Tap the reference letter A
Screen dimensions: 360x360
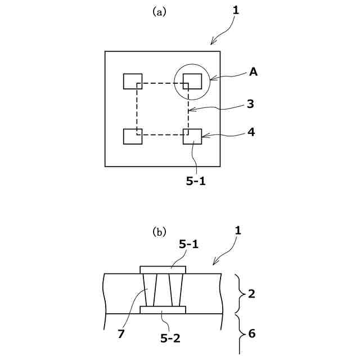click(x=254, y=71)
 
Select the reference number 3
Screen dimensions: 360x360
click(x=250, y=104)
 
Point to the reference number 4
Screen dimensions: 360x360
click(x=251, y=133)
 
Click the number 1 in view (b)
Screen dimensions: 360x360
click(x=239, y=230)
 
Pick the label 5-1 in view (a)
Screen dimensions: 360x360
click(x=195, y=182)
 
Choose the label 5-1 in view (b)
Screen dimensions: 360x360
click(x=189, y=244)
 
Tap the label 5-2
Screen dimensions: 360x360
click(x=171, y=338)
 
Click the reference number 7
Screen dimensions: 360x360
click(x=121, y=334)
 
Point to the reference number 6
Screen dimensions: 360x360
click(x=252, y=334)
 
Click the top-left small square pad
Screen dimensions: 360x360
click(x=133, y=81)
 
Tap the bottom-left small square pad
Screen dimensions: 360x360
click(x=133, y=137)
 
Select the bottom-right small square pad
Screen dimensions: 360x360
click(x=192, y=137)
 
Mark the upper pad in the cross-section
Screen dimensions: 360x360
click(x=163, y=270)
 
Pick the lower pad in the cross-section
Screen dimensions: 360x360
click(x=163, y=310)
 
